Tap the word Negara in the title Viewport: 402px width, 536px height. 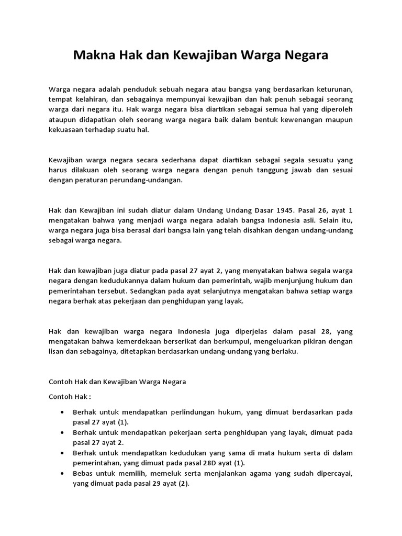305,55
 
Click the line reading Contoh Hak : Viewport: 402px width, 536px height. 70,396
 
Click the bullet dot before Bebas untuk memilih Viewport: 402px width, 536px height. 63,473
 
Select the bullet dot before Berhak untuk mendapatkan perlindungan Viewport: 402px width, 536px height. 63,412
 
